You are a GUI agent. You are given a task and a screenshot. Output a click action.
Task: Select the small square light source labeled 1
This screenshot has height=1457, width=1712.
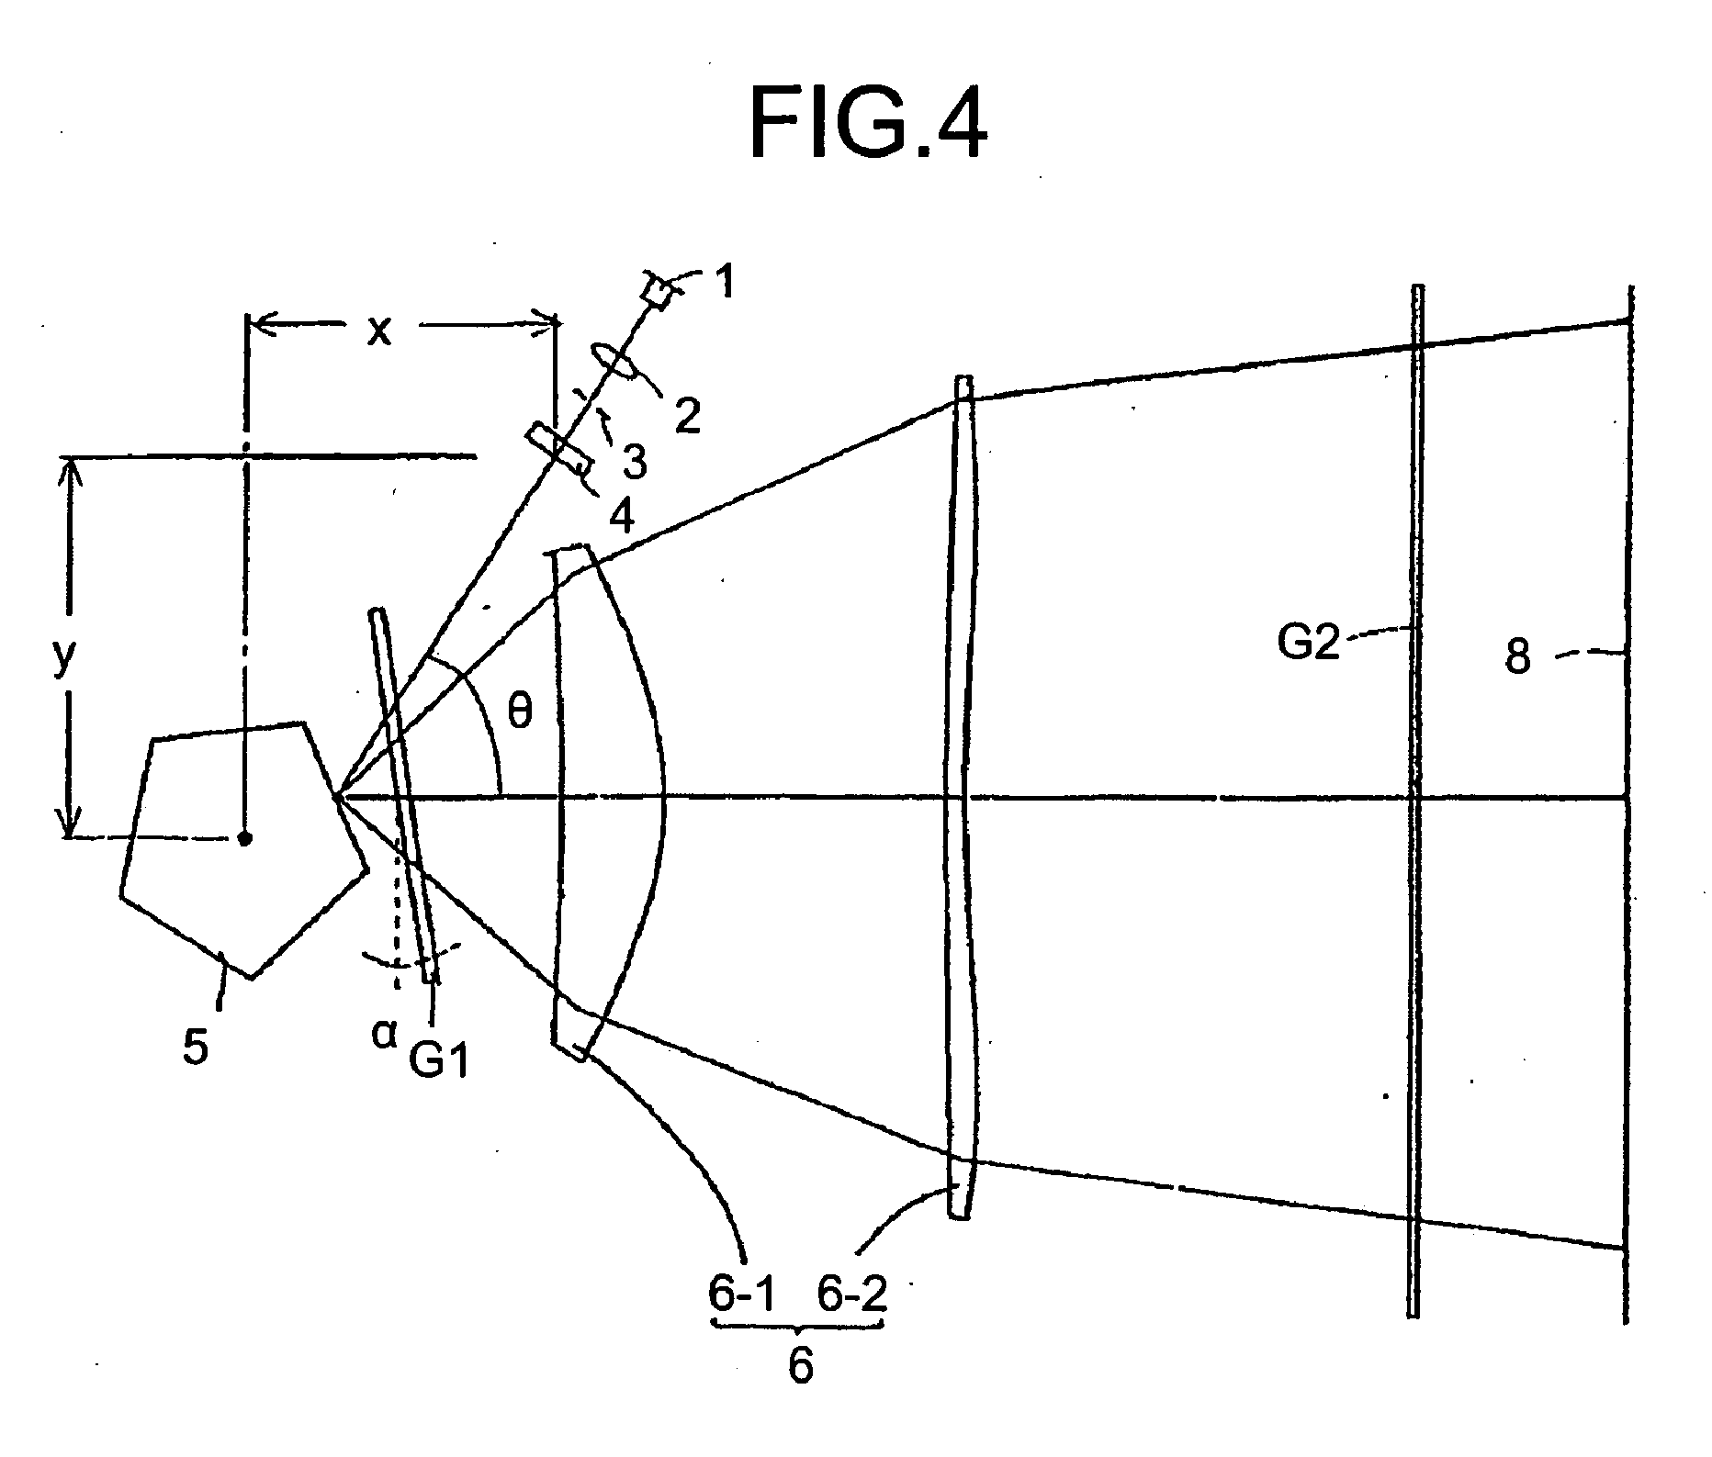[x=658, y=293]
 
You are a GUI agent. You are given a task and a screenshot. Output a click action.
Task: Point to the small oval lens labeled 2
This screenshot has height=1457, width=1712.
[x=613, y=360]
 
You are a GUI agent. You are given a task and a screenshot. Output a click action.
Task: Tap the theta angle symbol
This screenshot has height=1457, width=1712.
[x=520, y=713]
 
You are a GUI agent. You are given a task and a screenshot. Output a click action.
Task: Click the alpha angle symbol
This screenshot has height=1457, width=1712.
[x=383, y=1035]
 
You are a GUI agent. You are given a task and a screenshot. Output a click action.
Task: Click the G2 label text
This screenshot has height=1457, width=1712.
[x=1309, y=643]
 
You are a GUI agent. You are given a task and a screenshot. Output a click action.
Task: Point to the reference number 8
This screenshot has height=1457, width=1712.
[x=1517, y=658]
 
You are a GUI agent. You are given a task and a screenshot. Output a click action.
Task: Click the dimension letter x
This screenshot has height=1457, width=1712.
[x=378, y=331]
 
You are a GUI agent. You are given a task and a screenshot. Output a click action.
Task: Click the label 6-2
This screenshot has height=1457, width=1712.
[x=852, y=1295]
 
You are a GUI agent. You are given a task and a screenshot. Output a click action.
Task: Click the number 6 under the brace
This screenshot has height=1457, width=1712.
[x=800, y=1366]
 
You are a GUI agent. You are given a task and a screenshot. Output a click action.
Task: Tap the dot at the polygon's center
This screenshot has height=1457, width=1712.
[x=244, y=837]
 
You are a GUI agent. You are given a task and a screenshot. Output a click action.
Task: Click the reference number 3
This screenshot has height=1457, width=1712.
[x=634, y=461]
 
